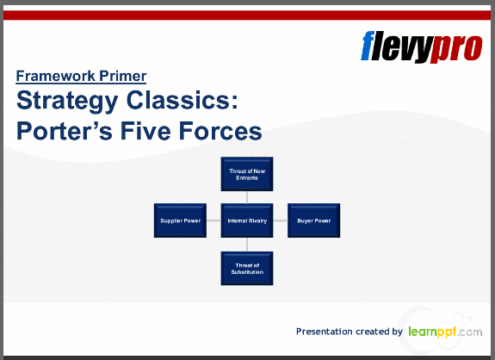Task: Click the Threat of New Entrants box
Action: (247, 173)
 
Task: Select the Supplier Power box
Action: (180, 220)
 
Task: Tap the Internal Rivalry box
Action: (247, 220)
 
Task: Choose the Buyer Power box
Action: (313, 220)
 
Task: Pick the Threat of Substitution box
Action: (247, 268)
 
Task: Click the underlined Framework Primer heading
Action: (81, 76)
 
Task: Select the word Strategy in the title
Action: (70, 102)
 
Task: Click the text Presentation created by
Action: (349, 332)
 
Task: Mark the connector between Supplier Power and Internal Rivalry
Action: (213, 220)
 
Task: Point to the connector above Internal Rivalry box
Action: (247, 196)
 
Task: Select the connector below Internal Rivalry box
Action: (247, 244)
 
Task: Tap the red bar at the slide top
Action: (247, 15)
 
